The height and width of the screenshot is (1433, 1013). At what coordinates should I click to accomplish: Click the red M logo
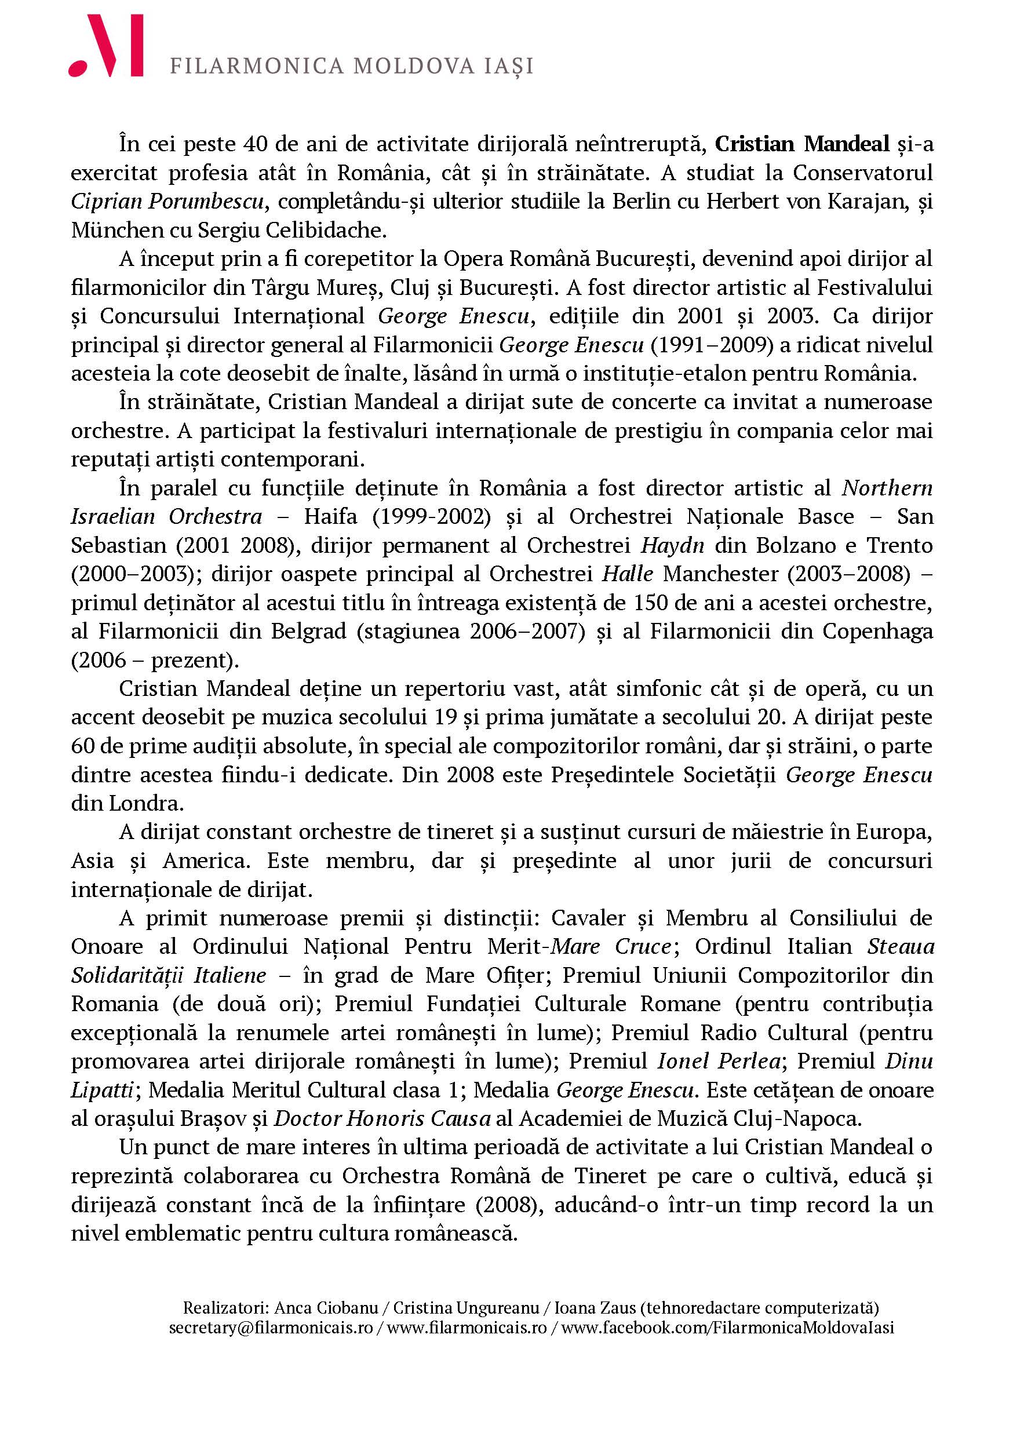(106, 46)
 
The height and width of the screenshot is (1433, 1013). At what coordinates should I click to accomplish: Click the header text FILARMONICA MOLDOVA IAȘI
(351, 66)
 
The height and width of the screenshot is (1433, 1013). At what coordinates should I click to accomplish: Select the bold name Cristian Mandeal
(801, 144)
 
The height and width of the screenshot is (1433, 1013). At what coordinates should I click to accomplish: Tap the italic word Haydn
(672, 545)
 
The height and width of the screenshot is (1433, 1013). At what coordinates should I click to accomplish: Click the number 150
(651, 603)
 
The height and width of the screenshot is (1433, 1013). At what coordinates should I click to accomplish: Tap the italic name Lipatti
(101, 1090)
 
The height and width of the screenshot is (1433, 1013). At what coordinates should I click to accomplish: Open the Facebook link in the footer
(727, 1345)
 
